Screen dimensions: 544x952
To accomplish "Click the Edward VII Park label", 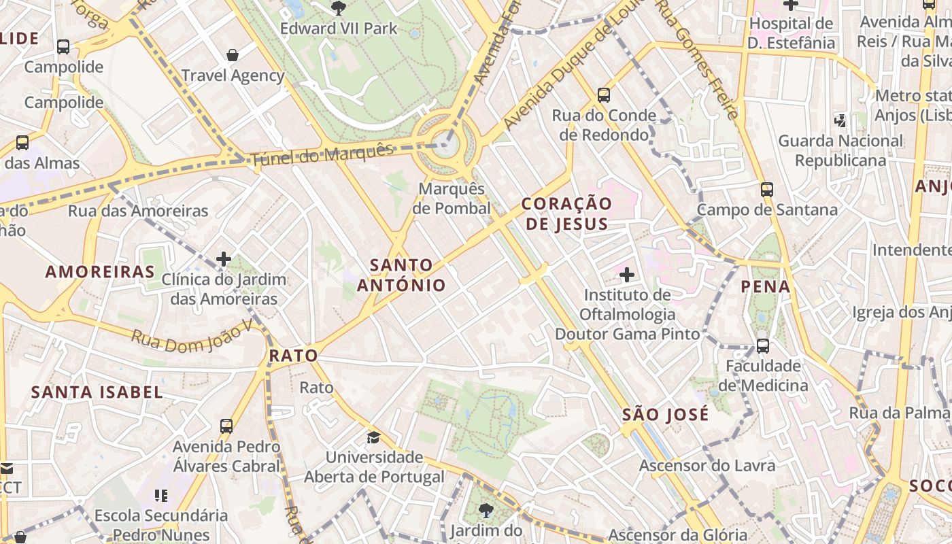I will pos(339,29).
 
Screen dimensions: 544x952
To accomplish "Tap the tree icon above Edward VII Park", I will pos(338,7).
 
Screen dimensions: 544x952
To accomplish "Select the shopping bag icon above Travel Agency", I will pos(233,55).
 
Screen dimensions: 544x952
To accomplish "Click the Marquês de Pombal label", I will pos(453,198).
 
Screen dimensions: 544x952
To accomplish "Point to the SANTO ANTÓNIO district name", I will pos(401,275).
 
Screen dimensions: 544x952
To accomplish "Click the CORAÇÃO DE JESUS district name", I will pos(567,213).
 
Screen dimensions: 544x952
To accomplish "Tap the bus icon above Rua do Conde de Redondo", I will pos(603,95).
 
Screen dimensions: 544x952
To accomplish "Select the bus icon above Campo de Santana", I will pos(767,190).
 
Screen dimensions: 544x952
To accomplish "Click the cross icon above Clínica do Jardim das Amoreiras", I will pos(224,259).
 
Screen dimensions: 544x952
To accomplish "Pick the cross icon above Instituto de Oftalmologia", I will pos(627,275).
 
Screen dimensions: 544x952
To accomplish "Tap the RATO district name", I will pos(294,355).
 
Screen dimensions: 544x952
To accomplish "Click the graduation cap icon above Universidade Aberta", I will pos(373,437).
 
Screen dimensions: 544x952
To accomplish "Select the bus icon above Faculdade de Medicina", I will pos(763,346).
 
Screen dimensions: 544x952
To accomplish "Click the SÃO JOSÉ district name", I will pos(665,414).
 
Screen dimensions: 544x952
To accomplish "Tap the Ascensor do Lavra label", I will pos(707,466).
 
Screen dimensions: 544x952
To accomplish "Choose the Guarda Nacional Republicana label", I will pos(840,150).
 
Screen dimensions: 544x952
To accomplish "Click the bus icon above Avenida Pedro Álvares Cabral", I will pos(226,426).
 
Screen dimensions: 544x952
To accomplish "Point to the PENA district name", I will pos(766,286).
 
